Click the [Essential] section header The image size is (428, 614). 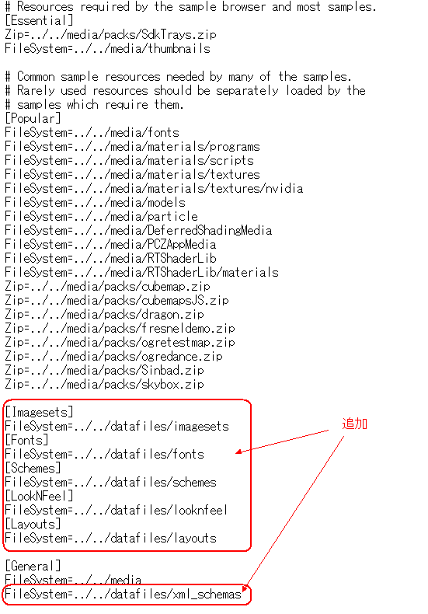pos(39,20)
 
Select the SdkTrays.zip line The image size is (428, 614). pos(110,34)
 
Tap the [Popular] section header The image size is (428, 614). pos(33,118)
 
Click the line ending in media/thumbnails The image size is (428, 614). pos(107,48)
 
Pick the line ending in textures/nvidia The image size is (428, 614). pos(154,188)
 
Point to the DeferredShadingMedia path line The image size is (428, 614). pos(138,230)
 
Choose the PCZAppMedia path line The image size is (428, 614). pos(110,244)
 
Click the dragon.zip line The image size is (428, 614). pos(104,315)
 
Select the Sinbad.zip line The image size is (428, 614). pos(104,371)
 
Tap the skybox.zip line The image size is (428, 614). pos(104,385)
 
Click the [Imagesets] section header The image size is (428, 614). pos(39,413)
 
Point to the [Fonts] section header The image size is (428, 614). pos(26,440)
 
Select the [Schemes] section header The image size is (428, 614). pos(33,469)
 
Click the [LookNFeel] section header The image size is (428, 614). pos(39,496)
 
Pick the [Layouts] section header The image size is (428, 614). pos(33,525)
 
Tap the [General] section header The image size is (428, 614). pos(33,567)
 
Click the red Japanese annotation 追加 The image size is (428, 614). pos(354,424)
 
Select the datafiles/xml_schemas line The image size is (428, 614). pos(123,595)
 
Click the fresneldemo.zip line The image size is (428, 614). pos(120,329)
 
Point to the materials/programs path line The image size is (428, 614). pos(132,146)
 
